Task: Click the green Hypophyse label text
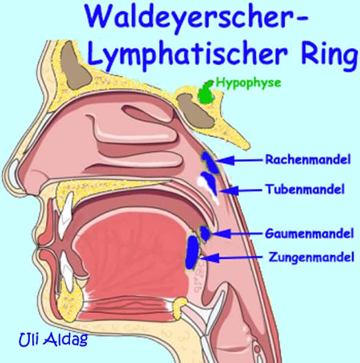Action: point(248,83)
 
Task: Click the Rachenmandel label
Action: point(308,160)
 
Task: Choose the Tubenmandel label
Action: point(305,189)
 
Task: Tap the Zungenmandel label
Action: point(311,258)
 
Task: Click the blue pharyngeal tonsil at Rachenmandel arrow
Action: point(209,161)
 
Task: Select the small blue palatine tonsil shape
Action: point(206,232)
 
